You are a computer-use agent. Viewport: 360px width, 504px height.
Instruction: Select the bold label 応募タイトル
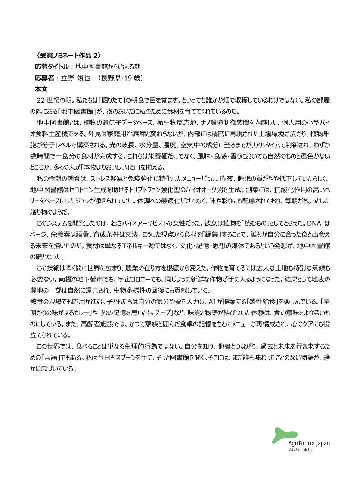pyautogui.click(x=52, y=67)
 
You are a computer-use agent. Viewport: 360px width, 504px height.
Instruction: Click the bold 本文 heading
pyautogui.click(x=41, y=89)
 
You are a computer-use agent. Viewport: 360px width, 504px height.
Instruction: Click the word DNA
pyautogui.click(x=314, y=223)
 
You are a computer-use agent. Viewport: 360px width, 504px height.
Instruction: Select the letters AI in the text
pyautogui.click(x=212, y=302)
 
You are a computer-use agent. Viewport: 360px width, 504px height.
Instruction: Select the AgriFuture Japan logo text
pyautogui.click(x=309, y=444)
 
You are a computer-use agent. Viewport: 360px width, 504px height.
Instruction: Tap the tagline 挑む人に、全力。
pyautogui.click(x=300, y=450)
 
